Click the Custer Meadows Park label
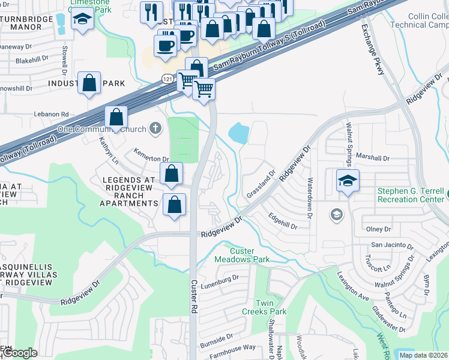click(242, 255)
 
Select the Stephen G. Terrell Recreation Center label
click(411, 196)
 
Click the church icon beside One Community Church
click(155, 127)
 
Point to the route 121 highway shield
click(167, 79)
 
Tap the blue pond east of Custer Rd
click(238, 133)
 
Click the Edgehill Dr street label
click(283, 221)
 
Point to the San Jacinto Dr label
click(391, 245)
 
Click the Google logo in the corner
click(20, 353)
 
